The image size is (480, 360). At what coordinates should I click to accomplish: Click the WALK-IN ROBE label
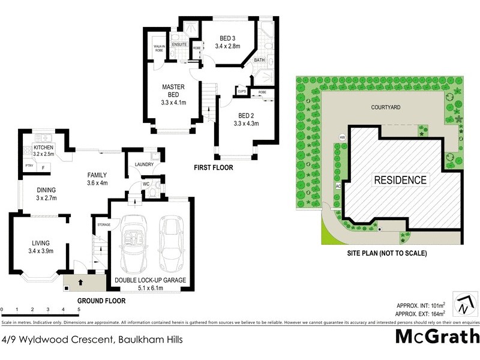click(x=160, y=49)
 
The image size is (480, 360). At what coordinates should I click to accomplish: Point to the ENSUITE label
click(x=179, y=44)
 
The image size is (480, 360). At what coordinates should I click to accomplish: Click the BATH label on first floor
click(x=259, y=61)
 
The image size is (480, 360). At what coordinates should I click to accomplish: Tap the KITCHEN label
click(x=44, y=148)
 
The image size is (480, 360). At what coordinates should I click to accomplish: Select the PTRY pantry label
click(x=29, y=166)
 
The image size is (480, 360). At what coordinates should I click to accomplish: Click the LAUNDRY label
click(x=145, y=165)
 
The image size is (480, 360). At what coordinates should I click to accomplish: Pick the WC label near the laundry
click(x=146, y=184)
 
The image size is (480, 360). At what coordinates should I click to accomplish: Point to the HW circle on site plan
click(x=343, y=137)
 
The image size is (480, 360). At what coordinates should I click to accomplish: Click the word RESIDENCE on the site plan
click(x=400, y=179)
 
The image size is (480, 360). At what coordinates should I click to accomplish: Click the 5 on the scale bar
click(x=79, y=310)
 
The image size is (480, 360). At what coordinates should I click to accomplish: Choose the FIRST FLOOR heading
click(x=213, y=168)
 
